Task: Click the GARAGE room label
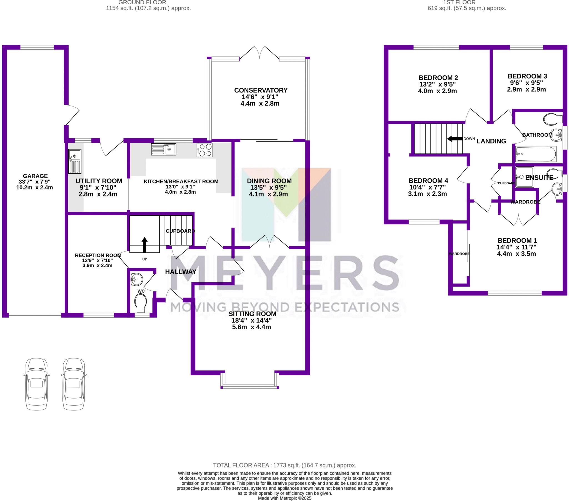tap(35, 176)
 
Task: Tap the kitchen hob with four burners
tap(204, 150)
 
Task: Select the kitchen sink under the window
tap(164, 149)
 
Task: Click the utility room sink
tap(75, 161)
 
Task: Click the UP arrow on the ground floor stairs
tap(144, 244)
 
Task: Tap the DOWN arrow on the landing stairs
tap(455, 138)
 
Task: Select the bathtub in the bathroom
tap(536, 154)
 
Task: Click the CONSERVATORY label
tap(261, 90)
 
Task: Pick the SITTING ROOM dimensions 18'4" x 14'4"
tap(251, 320)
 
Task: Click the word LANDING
tap(491, 141)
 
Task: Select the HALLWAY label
tap(181, 272)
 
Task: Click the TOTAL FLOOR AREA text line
tap(284, 465)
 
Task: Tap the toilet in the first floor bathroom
tap(553, 119)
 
